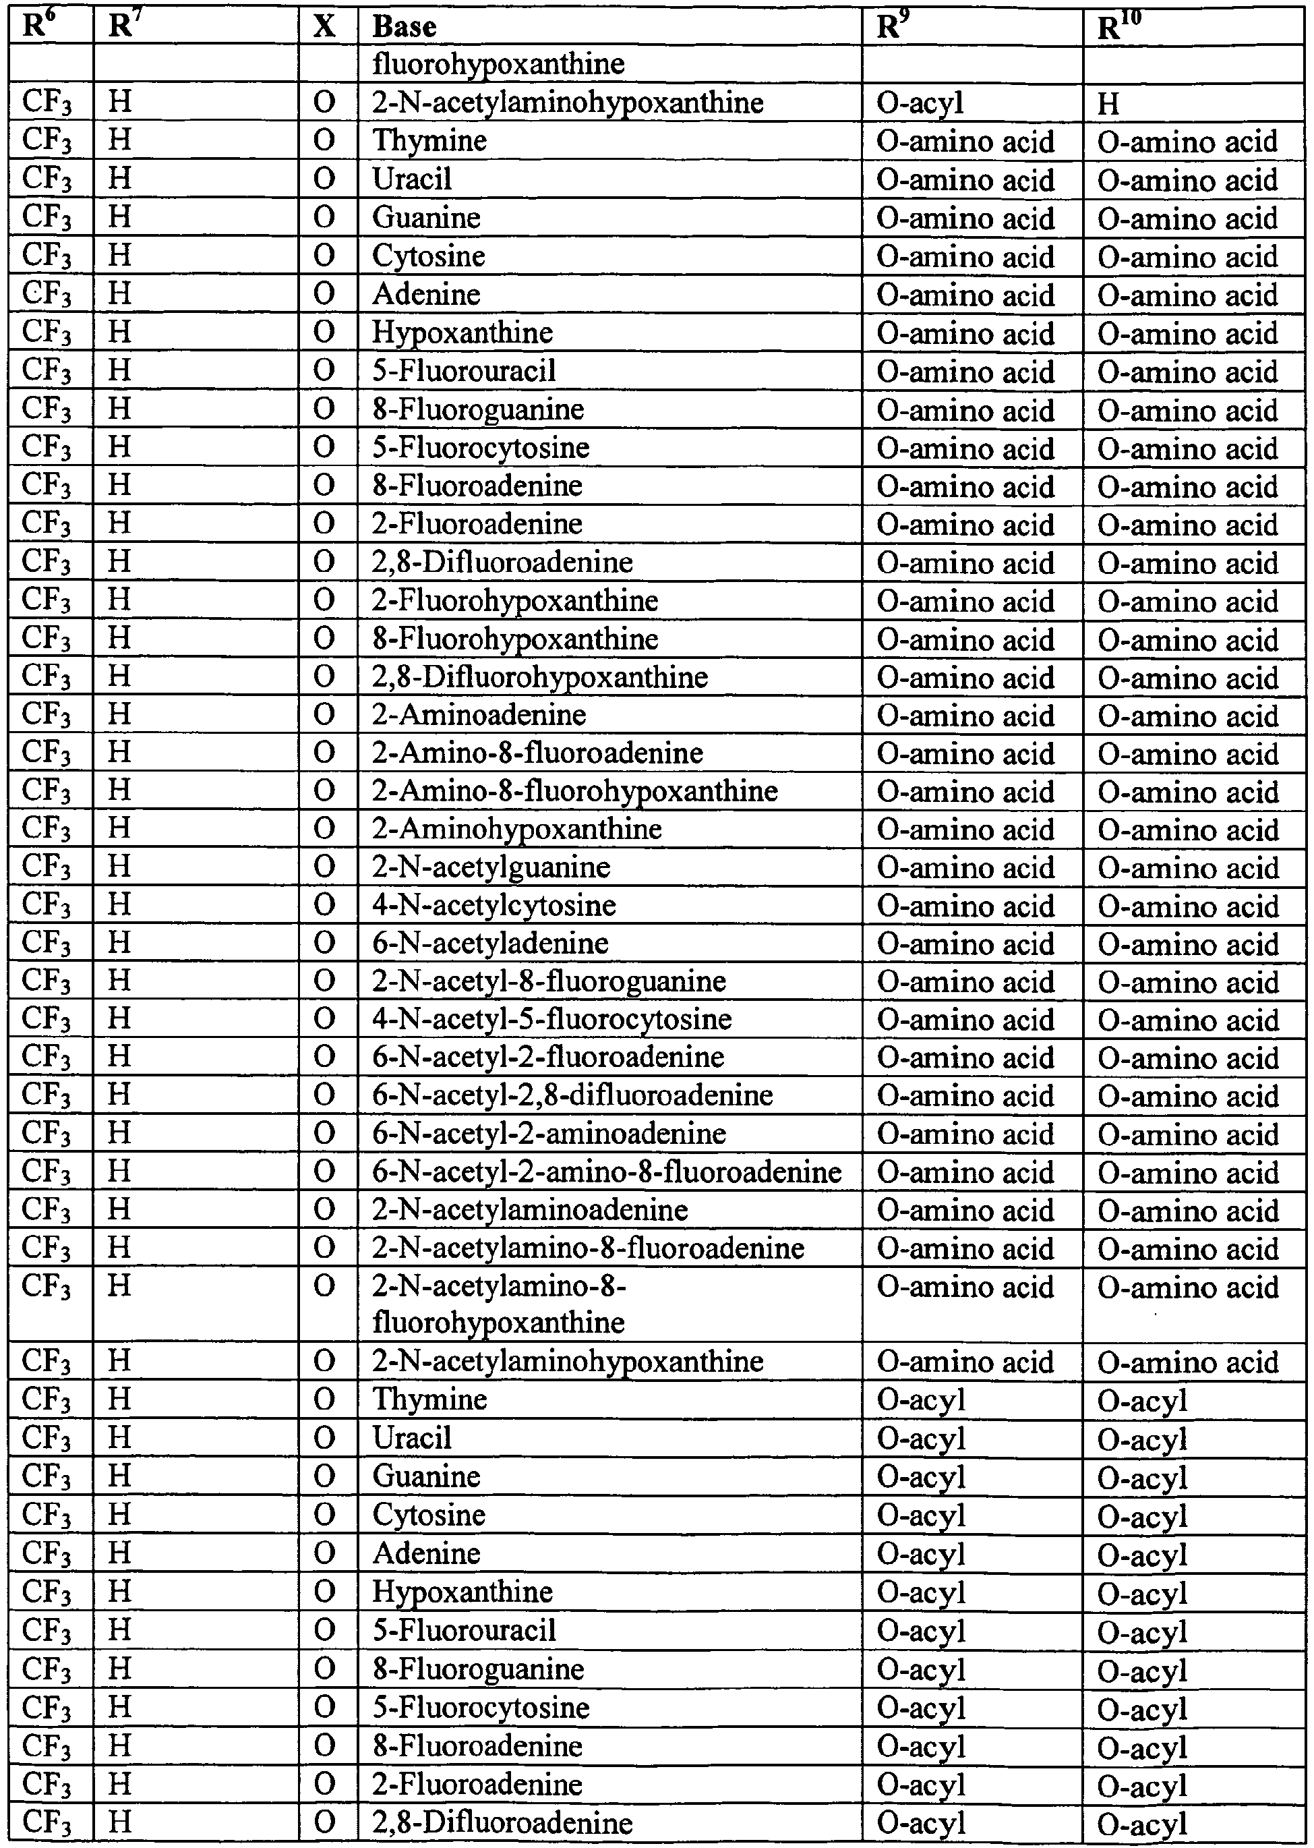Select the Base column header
404,27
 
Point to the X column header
324,27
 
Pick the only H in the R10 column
1108,103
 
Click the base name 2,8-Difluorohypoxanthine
539,676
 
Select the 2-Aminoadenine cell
479,715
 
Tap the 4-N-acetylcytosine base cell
494,905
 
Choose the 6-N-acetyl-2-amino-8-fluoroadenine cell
607,1172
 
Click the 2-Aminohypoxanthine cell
517,829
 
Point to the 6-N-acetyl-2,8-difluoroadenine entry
572,1095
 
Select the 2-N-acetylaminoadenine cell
530,1209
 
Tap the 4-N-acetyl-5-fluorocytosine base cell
551,1019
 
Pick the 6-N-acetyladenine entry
490,943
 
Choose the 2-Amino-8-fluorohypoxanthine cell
574,791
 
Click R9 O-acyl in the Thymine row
921,1399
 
